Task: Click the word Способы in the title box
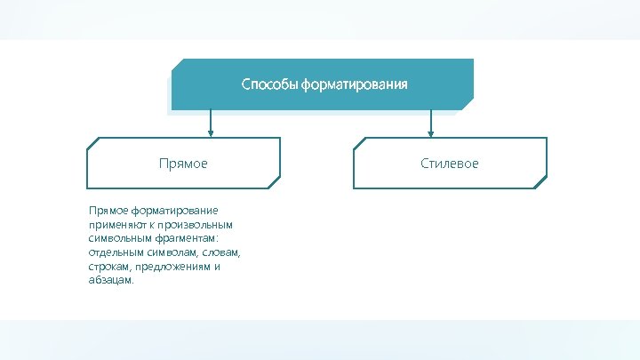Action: pyautogui.click(x=269, y=85)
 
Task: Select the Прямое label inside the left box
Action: pyautogui.click(x=182, y=164)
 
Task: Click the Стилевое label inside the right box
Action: pyautogui.click(x=450, y=164)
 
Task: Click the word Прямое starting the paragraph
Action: pyautogui.click(x=108, y=211)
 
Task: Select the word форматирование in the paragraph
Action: pyautogui.click(x=174, y=211)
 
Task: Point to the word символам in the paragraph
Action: pyautogui.click(x=176, y=252)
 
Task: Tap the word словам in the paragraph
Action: pyautogui.click(x=223, y=252)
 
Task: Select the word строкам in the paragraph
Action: pyautogui.click(x=109, y=267)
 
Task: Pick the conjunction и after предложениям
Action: pyautogui.click(x=217, y=267)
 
